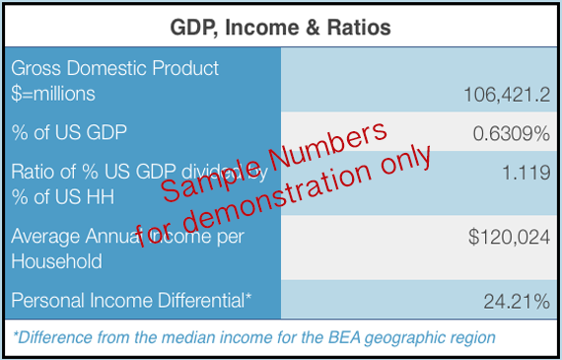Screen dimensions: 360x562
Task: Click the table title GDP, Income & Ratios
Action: (x=281, y=25)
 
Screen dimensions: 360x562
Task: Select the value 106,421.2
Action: (x=506, y=95)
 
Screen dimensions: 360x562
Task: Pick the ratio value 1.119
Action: (x=526, y=172)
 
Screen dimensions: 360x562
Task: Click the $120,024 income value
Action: (x=509, y=238)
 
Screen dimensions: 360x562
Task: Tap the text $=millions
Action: (x=53, y=94)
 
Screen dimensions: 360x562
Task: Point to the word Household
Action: (x=55, y=261)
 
